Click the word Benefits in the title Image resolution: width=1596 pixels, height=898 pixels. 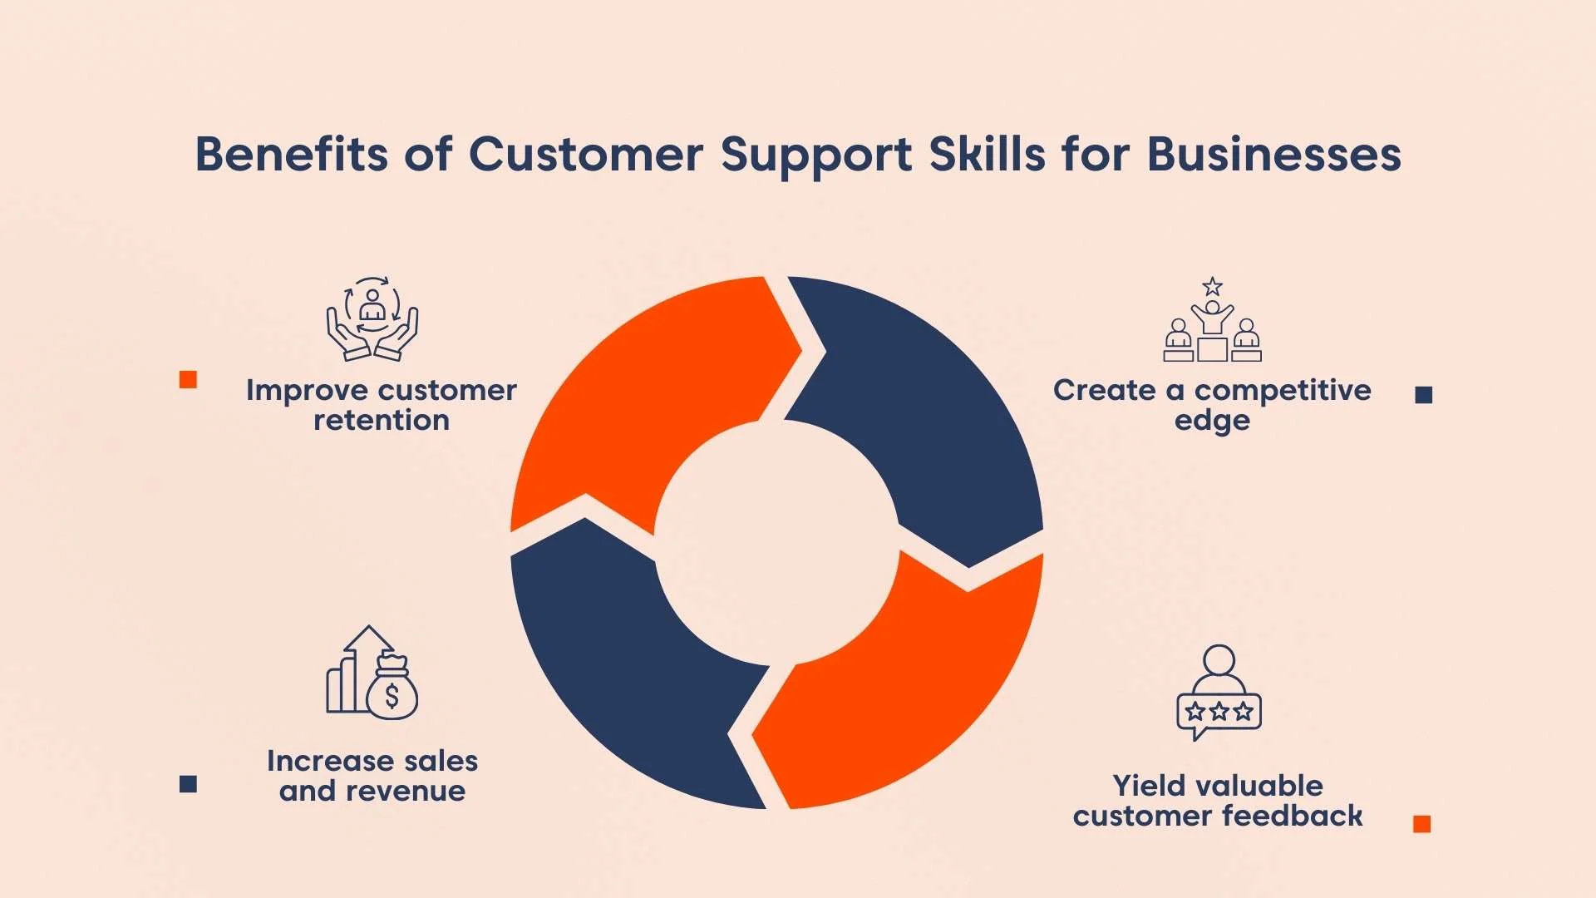click(291, 155)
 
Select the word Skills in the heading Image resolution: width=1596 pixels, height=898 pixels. click(987, 155)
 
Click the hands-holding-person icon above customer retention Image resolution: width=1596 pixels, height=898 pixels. click(372, 319)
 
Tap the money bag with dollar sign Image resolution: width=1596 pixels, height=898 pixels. click(392, 689)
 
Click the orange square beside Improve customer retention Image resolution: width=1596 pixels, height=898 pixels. click(189, 380)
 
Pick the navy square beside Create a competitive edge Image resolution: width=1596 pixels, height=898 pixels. click(1424, 395)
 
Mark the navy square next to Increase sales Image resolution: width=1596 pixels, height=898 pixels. click(189, 784)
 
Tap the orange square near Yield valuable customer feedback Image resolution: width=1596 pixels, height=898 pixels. click(1422, 824)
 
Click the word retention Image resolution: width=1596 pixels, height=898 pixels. click(382, 421)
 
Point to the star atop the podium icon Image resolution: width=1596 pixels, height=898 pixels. click(1213, 287)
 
